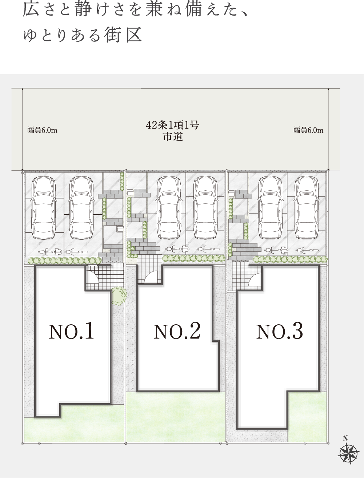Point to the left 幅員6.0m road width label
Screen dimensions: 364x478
coord(42,130)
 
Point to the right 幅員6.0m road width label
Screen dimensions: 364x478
coord(308,130)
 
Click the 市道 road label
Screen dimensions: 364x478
coord(173,137)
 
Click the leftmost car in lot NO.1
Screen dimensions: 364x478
coord(43,208)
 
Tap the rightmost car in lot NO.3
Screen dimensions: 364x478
coord(307,208)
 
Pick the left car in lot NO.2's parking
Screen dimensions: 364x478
coord(169,208)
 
